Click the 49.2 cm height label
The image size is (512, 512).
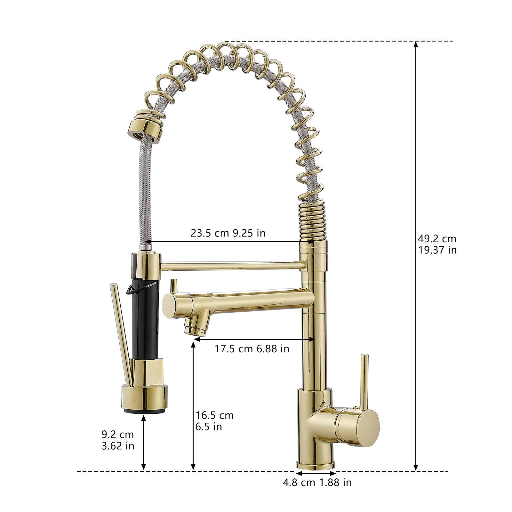(437, 238)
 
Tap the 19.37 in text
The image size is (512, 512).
(437, 250)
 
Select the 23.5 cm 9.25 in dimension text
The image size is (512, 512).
(228, 233)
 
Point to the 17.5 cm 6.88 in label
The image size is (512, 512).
(252, 348)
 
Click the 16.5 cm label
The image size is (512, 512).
(214, 415)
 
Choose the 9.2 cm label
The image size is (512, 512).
(117, 434)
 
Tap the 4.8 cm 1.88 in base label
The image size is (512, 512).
(317, 482)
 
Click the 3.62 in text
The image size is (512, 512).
(118, 445)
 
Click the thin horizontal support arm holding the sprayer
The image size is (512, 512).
(230, 265)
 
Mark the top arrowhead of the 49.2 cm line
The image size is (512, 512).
(416, 44)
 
